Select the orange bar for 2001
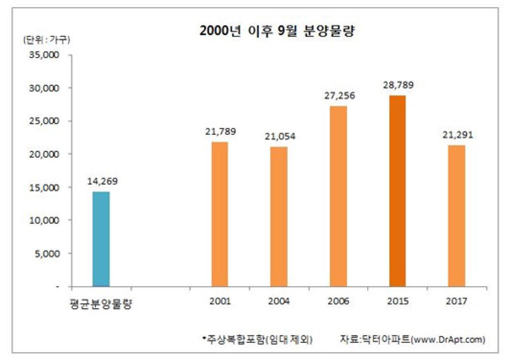coord(220,214)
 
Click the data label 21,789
coord(220,132)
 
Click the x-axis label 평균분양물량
coord(101,304)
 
